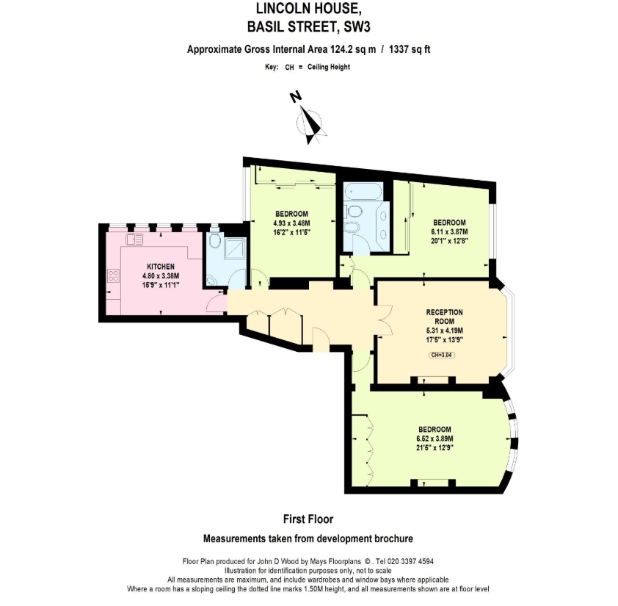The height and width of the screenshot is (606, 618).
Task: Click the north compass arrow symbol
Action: [x=311, y=123]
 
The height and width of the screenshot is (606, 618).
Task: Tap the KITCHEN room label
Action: [x=161, y=267]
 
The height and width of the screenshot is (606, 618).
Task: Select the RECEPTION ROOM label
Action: [x=444, y=317]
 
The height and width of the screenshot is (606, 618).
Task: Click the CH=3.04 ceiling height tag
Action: [x=442, y=355]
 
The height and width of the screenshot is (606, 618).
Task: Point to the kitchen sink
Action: [x=134, y=239]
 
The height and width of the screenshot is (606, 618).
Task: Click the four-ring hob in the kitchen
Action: [x=113, y=275]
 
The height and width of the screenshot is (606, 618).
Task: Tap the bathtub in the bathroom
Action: [x=363, y=191]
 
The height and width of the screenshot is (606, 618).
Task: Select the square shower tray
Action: [x=235, y=249]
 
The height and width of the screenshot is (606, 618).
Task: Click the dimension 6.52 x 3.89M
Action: [x=435, y=439]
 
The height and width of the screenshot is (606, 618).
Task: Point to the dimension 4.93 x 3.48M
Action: [x=291, y=223]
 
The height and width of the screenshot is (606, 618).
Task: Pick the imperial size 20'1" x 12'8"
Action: [x=449, y=241]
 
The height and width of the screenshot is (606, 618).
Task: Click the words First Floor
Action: [x=308, y=519]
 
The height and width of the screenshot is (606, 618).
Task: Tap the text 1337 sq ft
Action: [x=410, y=49]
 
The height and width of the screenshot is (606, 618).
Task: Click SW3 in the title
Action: [x=357, y=27]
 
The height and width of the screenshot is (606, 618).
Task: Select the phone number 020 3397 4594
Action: [x=410, y=561]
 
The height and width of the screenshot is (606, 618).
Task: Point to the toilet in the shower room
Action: [x=215, y=240]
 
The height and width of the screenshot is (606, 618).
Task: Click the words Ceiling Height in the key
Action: [x=329, y=67]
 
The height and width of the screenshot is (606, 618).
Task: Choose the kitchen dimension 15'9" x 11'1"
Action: [x=161, y=285]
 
